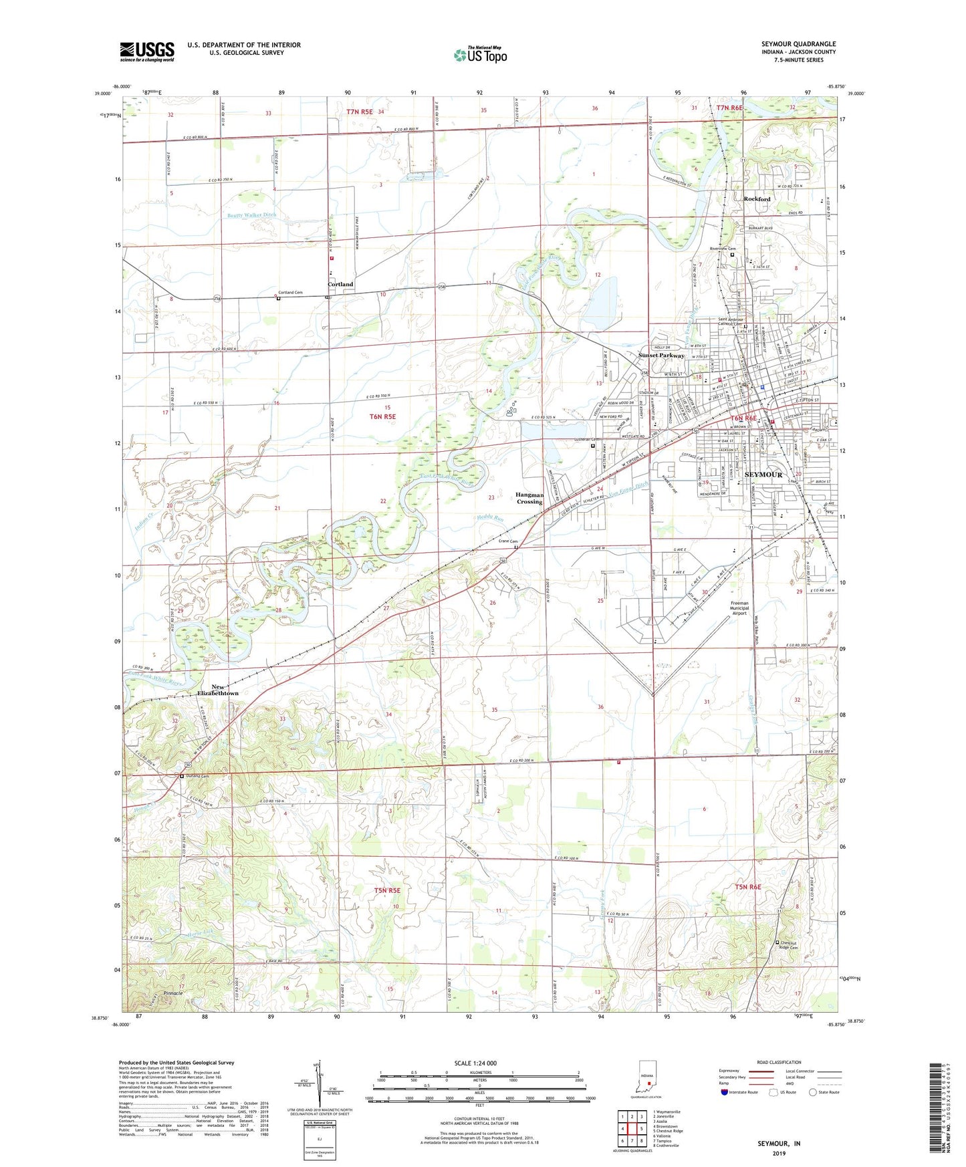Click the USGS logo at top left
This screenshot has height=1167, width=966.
click(147, 51)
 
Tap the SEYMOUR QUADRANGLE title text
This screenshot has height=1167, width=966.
click(798, 44)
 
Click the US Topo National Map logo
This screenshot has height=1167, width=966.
click(480, 55)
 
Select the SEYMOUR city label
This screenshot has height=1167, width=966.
click(763, 475)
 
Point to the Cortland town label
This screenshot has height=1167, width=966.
click(340, 285)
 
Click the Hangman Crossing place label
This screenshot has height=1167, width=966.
click(529, 498)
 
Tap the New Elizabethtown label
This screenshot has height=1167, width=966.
click(218, 690)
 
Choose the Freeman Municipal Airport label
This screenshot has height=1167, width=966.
click(739, 608)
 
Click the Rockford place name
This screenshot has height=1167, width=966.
click(757, 199)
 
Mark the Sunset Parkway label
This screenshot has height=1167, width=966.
click(661, 356)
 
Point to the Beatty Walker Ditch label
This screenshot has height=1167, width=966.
click(251, 215)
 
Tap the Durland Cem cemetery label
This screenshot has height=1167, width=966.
click(197, 776)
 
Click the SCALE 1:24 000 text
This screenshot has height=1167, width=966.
click(475, 1063)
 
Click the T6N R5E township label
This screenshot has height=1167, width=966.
click(382, 416)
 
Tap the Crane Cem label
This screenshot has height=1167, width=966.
click(507, 541)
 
